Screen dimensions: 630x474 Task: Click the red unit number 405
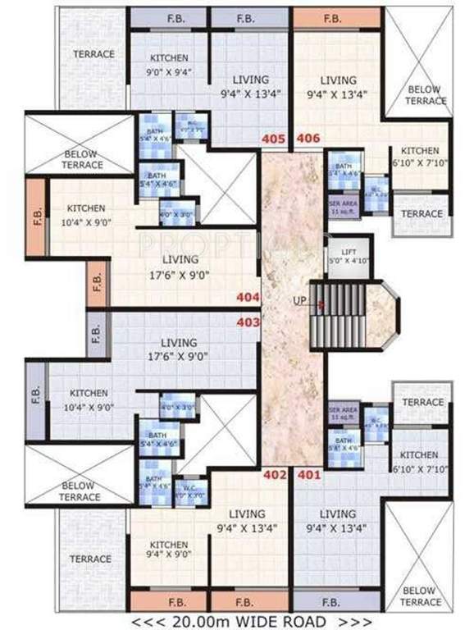click(x=273, y=139)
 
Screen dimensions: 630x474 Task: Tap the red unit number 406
click(x=308, y=139)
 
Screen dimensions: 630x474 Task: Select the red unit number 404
click(x=248, y=298)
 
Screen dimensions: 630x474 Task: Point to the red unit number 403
click(x=248, y=322)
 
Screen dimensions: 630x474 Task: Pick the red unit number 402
click(x=274, y=474)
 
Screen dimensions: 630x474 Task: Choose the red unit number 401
click(x=308, y=474)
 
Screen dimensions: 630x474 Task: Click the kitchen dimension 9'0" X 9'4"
click(x=169, y=71)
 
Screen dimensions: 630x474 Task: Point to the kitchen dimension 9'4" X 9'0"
click(x=169, y=558)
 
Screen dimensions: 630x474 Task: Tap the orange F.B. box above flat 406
click(x=332, y=17)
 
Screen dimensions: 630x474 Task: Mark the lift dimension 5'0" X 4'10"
click(x=349, y=263)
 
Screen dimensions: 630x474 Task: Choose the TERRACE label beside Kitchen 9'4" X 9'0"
click(x=90, y=559)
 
